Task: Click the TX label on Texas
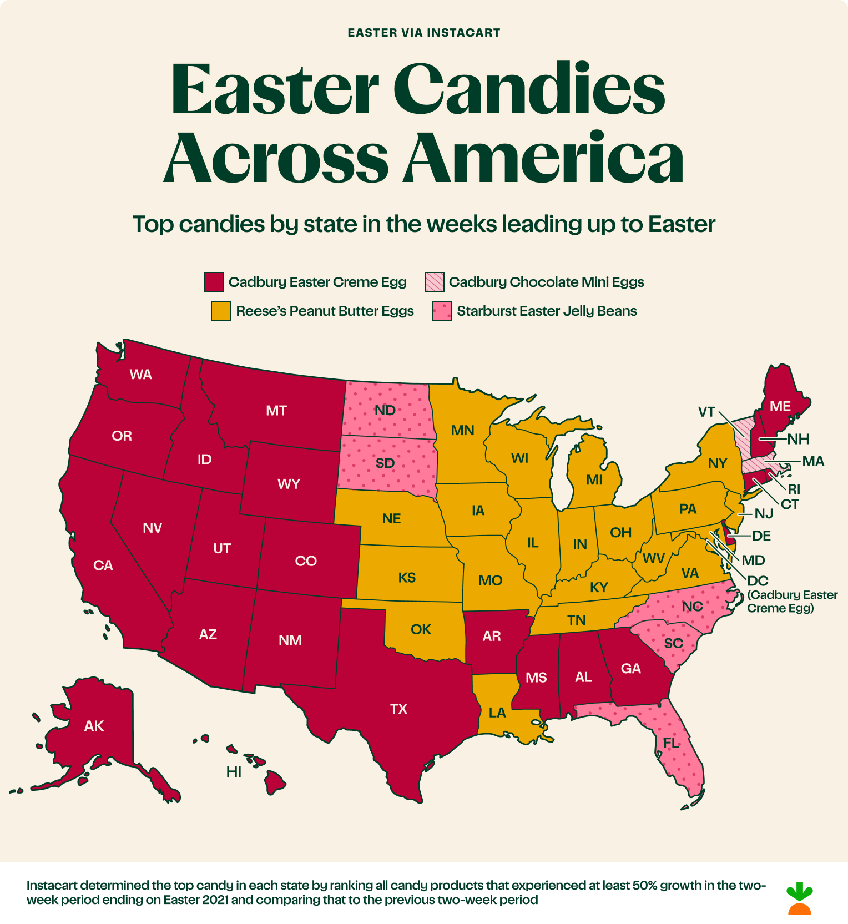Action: [398, 709]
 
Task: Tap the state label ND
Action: [385, 411]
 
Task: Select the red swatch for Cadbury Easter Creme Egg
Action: [214, 282]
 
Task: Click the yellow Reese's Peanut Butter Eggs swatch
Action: [220, 311]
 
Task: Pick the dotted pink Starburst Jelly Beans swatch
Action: [442, 311]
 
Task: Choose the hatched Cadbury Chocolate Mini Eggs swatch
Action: [435, 282]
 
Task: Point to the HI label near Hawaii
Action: [234, 772]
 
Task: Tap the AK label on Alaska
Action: [94, 726]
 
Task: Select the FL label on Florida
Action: [670, 743]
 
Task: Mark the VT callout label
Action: [706, 412]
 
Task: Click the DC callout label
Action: [758, 581]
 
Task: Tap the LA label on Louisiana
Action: [497, 713]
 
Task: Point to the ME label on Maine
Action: [780, 406]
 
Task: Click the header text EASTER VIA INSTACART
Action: [424, 33]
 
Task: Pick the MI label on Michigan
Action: [594, 480]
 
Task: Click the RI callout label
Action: [794, 489]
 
